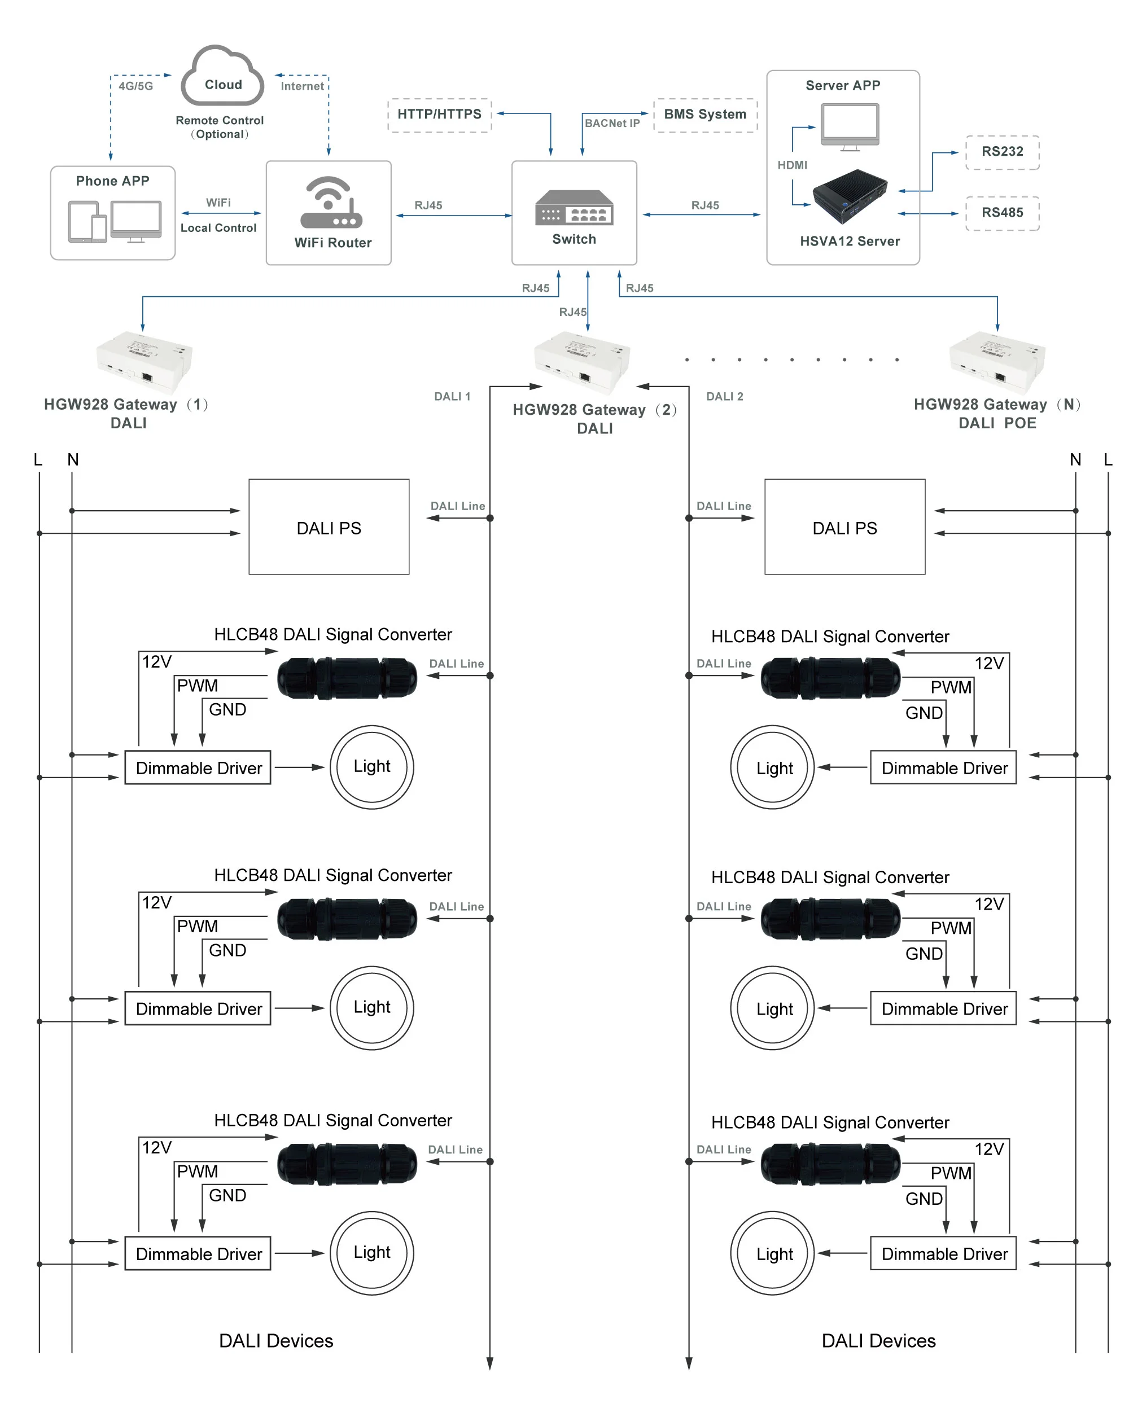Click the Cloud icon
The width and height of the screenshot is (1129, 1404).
click(x=222, y=76)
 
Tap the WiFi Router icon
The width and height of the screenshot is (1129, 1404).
click(x=330, y=203)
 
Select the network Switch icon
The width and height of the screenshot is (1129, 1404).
click(x=574, y=207)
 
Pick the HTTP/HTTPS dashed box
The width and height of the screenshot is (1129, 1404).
click(x=439, y=115)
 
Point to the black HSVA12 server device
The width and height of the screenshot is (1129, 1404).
click(x=850, y=197)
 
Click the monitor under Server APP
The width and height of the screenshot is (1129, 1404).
click(x=850, y=126)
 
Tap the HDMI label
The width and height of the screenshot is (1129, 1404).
click(x=791, y=165)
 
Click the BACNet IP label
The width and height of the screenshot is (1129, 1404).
click(x=612, y=123)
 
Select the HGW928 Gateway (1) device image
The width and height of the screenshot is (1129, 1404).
click(x=144, y=362)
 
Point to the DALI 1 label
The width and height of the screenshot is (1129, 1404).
click(x=452, y=396)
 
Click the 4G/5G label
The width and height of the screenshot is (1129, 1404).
click(x=135, y=86)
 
